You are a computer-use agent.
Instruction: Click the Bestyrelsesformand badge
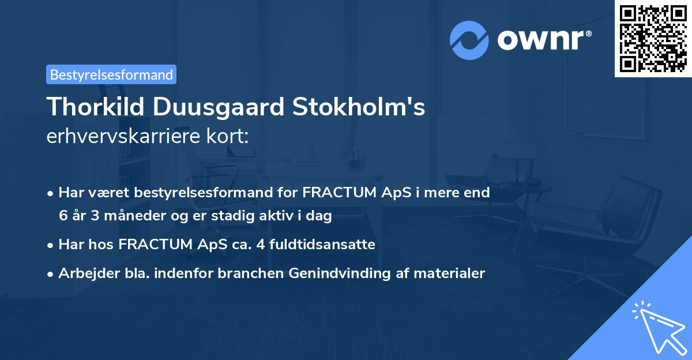point(111,74)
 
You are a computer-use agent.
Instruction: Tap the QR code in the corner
point(653,38)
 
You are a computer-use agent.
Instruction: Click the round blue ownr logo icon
point(469,40)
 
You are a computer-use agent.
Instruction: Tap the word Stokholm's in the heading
point(360,107)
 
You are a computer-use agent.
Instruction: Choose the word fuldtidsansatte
point(323,245)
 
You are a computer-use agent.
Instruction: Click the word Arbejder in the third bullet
point(85,273)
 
